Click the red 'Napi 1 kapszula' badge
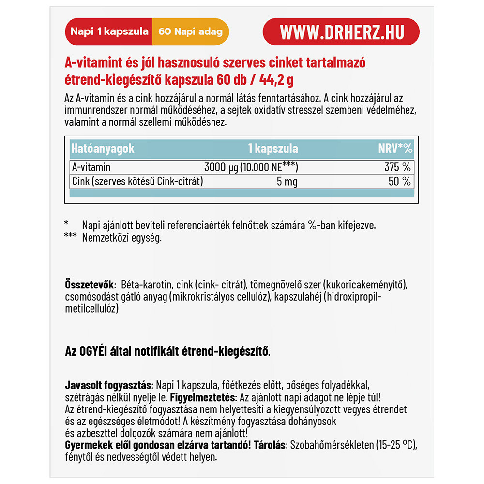[109, 32]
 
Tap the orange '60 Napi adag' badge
[190, 32]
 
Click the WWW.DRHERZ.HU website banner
[341, 32]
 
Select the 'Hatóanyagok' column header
[103, 149]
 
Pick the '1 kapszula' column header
[273, 149]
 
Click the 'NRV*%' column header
[395, 149]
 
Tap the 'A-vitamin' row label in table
[91, 167]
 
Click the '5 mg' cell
[286, 182]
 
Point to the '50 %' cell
[400, 182]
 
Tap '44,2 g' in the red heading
[286, 79]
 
